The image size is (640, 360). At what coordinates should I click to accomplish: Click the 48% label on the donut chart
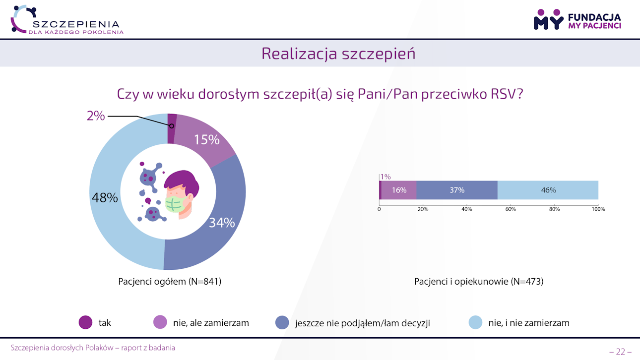tap(105, 198)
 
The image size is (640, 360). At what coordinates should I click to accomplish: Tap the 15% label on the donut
tap(207, 140)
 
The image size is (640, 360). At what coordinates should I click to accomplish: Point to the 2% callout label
tap(96, 116)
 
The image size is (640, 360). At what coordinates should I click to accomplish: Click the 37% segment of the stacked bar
tap(457, 190)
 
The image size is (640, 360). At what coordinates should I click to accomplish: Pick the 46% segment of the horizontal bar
tap(548, 190)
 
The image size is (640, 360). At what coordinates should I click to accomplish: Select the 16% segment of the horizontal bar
tap(399, 190)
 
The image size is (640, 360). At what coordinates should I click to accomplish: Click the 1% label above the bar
tap(385, 177)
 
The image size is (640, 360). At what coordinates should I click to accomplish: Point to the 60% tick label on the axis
tap(511, 209)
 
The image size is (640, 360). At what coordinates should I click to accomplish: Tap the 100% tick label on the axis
tap(598, 209)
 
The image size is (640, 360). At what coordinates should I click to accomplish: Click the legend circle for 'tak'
tap(86, 323)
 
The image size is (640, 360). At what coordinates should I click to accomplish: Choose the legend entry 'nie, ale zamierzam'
tap(211, 323)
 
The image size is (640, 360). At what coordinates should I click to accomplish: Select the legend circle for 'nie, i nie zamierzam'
tap(476, 323)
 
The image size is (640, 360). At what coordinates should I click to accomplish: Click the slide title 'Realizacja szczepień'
tap(338, 54)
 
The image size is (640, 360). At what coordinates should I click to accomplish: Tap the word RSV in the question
tap(504, 94)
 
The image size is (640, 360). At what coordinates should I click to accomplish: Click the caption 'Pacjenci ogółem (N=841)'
tap(170, 282)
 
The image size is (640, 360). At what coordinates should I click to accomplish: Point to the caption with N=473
tap(479, 282)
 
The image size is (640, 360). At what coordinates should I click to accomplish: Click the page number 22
tap(620, 352)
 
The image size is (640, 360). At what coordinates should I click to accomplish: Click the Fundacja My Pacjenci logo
tap(577, 19)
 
